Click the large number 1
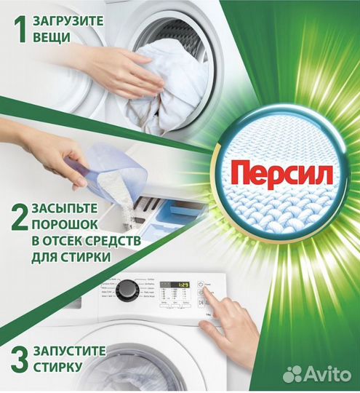(x=14, y=28)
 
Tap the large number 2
(x=15, y=217)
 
